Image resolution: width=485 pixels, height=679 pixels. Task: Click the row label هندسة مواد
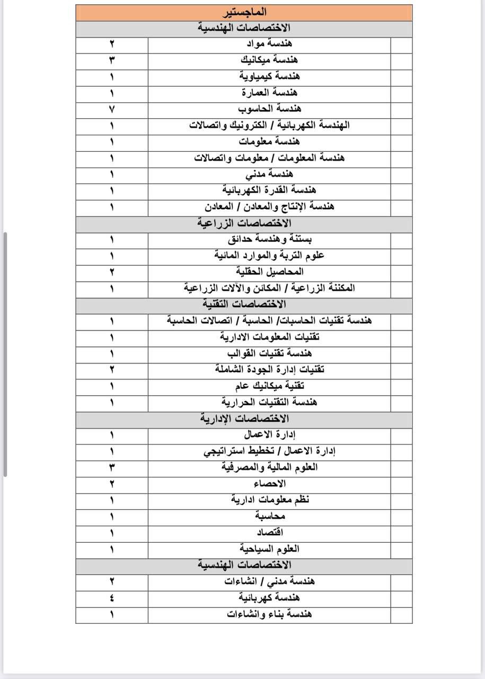click(x=270, y=43)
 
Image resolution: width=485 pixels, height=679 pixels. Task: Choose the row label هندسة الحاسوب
click(x=270, y=109)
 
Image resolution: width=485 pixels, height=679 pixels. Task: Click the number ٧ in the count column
click(x=112, y=109)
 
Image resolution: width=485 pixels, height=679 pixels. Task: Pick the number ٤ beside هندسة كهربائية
click(x=112, y=598)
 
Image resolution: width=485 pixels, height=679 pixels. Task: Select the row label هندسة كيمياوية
click(x=270, y=76)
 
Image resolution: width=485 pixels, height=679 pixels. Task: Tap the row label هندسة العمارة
click(x=270, y=92)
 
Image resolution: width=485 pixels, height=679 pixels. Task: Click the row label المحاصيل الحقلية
click(x=270, y=272)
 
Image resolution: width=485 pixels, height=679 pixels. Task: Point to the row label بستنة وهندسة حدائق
click(x=270, y=239)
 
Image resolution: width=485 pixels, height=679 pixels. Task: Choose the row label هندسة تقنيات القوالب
click(x=270, y=353)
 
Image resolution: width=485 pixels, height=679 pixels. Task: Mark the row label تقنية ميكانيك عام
click(x=270, y=386)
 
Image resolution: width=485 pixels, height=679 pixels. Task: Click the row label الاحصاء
click(x=270, y=484)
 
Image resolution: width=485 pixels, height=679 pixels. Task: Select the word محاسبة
click(x=270, y=516)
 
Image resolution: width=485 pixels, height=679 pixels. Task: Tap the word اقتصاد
click(x=270, y=533)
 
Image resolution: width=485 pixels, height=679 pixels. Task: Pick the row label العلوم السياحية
click(x=270, y=549)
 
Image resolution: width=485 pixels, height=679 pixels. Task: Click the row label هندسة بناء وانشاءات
click(x=270, y=614)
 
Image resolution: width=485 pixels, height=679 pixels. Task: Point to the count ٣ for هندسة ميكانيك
click(x=112, y=59)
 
